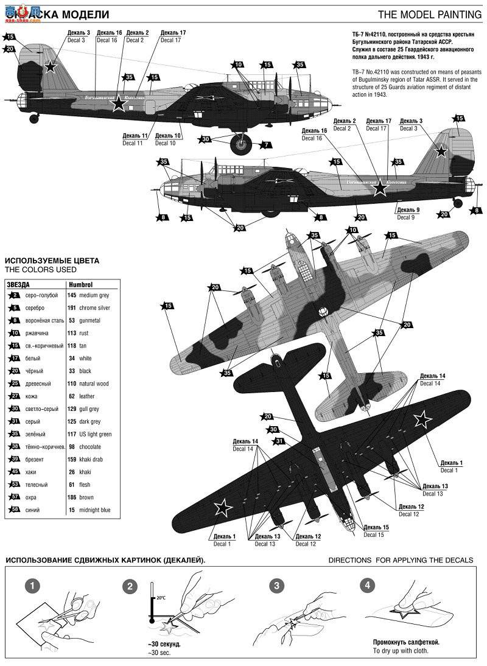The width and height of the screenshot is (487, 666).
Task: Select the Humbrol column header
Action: [80, 284]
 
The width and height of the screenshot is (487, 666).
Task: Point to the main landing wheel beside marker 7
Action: [242, 144]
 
